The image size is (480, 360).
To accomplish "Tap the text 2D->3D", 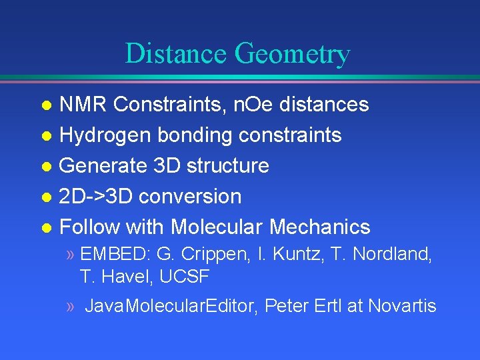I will tap(97, 196).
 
